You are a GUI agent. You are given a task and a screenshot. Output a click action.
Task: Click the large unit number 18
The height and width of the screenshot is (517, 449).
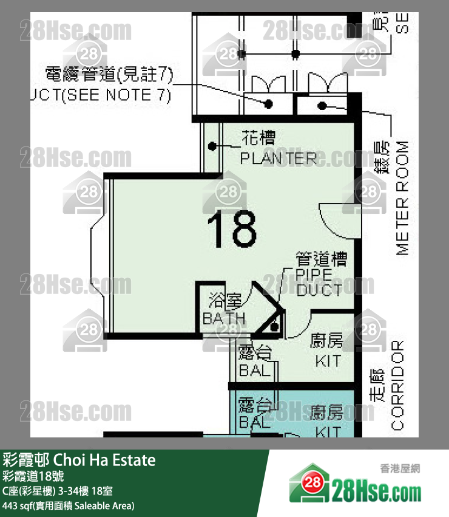(x=232, y=229)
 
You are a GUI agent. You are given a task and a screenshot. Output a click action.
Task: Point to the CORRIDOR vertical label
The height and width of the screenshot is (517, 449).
(x=397, y=385)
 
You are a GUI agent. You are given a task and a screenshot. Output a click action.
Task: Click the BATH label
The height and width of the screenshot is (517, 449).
(x=224, y=318)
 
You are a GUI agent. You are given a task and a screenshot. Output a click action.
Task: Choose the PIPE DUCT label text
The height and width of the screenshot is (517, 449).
(x=319, y=282)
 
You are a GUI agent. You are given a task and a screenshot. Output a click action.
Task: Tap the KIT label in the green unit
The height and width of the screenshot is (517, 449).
(x=328, y=361)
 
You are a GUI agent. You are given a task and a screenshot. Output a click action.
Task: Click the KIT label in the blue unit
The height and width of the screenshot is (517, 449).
(x=328, y=431)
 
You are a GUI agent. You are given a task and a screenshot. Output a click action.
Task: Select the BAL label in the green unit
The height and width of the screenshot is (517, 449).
(x=254, y=370)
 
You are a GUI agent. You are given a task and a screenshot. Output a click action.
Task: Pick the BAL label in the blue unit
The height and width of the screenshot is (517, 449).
(x=254, y=421)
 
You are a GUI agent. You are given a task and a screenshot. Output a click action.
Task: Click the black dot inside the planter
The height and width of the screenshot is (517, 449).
(x=212, y=146)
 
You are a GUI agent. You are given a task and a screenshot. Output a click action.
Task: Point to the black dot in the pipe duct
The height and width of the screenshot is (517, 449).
(x=275, y=326)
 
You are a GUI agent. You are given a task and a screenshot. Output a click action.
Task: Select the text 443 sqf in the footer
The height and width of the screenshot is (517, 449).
(x=17, y=505)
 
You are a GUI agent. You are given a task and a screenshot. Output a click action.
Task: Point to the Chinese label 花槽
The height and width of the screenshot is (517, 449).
(x=259, y=139)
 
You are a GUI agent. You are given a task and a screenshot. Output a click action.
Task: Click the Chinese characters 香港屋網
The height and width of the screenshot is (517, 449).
(x=400, y=468)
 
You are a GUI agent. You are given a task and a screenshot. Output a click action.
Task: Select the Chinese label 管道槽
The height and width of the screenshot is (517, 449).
(x=321, y=260)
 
